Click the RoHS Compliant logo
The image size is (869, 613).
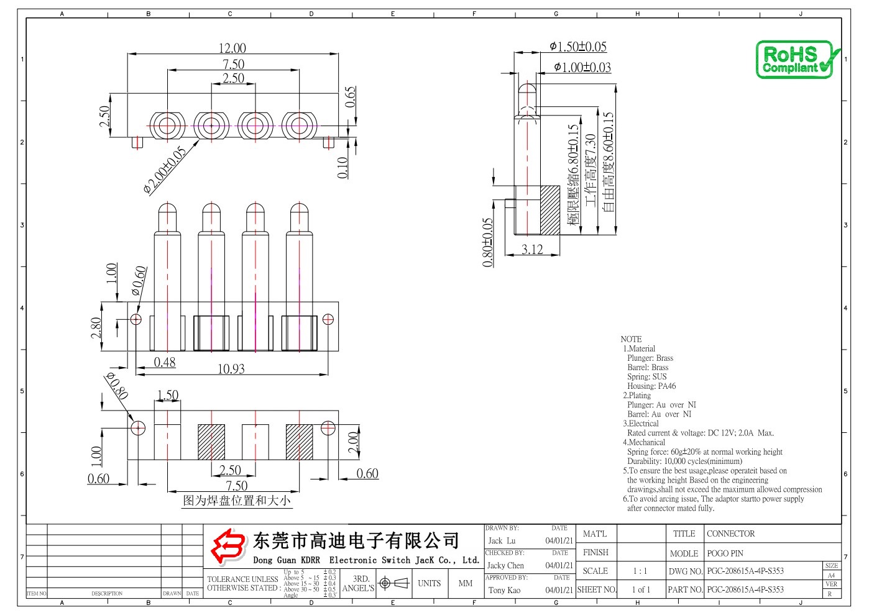click(x=797, y=60)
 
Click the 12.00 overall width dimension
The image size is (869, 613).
click(x=232, y=48)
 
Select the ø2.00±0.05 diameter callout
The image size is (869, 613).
click(x=165, y=170)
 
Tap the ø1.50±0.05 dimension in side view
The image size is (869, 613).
click(x=577, y=47)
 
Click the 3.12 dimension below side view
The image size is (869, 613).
click(x=532, y=250)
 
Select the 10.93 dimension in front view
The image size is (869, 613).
click(x=231, y=369)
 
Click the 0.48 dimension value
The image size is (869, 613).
click(x=165, y=362)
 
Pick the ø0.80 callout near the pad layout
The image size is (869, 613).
click(x=117, y=386)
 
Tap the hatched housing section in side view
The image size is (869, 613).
click(x=549, y=210)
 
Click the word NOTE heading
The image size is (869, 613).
click(x=631, y=339)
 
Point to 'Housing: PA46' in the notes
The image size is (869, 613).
click(x=651, y=386)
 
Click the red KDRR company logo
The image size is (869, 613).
click(x=228, y=545)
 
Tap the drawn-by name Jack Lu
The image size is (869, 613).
click(x=502, y=541)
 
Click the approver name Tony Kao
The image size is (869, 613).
click(x=504, y=590)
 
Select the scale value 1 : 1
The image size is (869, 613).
click(x=640, y=571)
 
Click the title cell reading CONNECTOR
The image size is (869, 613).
click(x=730, y=534)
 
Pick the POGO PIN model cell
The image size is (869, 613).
click(x=725, y=553)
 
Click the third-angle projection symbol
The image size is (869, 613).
click(x=393, y=583)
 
